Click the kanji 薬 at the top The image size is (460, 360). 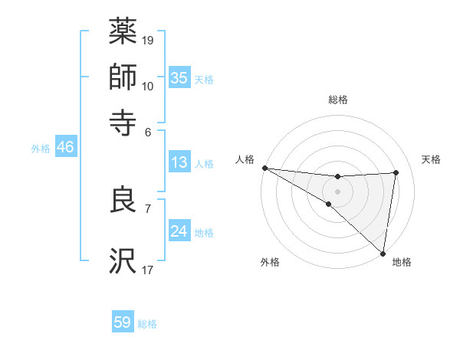(x=123, y=33)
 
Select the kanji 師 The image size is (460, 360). (x=123, y=78)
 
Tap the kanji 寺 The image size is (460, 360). (x=123, y=123)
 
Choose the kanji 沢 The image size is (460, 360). (x=123, y=261)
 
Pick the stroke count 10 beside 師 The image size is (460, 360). (x=148, y=86)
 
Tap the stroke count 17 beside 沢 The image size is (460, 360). (x=148, y=269)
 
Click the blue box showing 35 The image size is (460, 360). (x=179, y=77)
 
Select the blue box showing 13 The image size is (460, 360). (x=179, y=162)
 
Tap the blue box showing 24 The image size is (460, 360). (x=179, y=231)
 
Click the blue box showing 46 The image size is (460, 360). (x=65, y=147)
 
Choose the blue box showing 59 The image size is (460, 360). (x=123, y=322)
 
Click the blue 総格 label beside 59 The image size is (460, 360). (x=148, y=324)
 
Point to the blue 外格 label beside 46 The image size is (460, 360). (x=41, y=149)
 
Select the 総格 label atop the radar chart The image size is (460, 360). (x=338, y=100)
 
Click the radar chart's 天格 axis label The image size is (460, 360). (x=432, y=159)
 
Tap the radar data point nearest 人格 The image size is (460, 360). (x=264, y=168)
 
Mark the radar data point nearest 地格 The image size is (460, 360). (x=383, y=254)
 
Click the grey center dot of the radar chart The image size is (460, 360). (x=337, y=190)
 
